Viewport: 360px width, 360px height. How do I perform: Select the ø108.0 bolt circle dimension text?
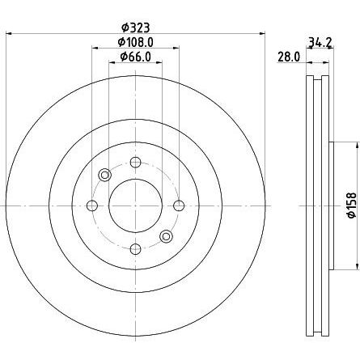tap(135, 41)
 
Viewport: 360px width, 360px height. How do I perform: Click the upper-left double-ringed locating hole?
tap(104, 176)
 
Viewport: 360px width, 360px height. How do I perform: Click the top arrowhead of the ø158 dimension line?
tap(356, 146)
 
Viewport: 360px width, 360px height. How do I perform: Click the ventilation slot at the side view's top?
tap(319, 81)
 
